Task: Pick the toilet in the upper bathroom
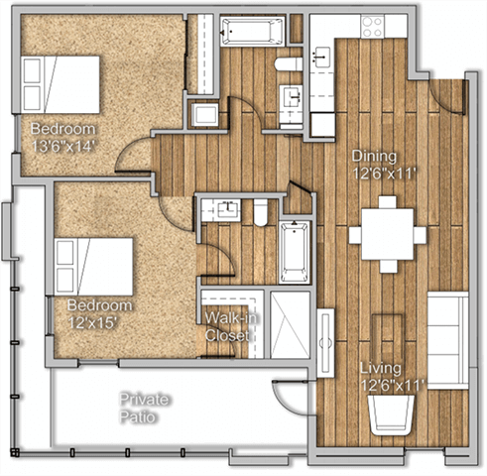289,65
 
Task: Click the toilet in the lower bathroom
262,211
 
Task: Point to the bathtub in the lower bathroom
296,252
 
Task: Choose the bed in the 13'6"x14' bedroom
62,84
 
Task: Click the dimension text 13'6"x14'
62,146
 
